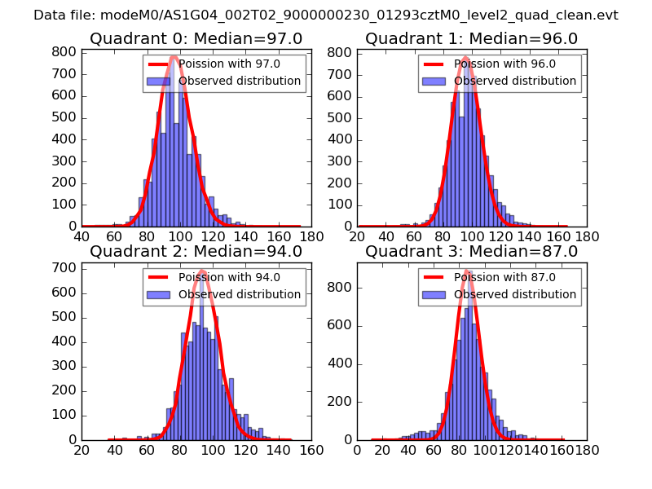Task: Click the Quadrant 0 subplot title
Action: click(196, 39)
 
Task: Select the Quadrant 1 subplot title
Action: click(471, 39)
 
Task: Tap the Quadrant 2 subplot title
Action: click(196, 252)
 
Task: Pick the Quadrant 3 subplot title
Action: click(471, 252)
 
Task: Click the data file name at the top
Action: click(326, 15)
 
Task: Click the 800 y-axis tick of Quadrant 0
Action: click(68, 52)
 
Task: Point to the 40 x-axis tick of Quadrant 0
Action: click(81, 237)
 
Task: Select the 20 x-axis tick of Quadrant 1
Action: click(357, 237)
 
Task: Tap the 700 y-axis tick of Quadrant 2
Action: click(68, 267)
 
